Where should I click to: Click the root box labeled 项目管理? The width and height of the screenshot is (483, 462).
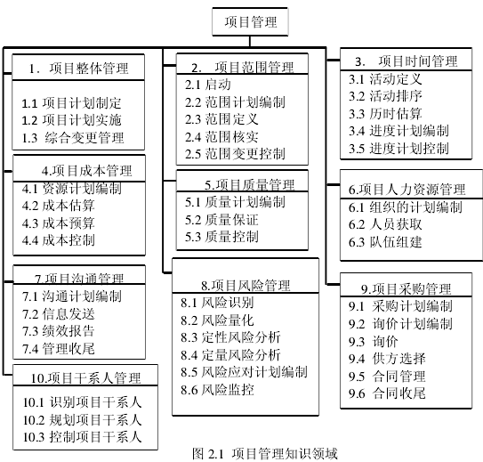click(250, 22)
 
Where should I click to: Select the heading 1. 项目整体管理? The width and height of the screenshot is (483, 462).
click(78, 69)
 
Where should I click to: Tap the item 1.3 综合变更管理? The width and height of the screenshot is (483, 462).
click(73, 138)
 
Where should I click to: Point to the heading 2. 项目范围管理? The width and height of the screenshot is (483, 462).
click(243, 67)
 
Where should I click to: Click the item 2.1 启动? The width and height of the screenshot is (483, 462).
click(207, 85)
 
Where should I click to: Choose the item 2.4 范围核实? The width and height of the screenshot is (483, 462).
click(221, 137)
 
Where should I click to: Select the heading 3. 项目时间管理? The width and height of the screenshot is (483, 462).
click(406, 61)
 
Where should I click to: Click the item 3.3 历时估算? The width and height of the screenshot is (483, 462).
click(385, 114)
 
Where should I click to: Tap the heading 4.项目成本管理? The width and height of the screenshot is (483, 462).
click(87, 171)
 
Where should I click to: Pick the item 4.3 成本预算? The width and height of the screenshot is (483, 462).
click(58, 223)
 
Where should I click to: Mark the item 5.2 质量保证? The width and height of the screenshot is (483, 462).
click(221, 220)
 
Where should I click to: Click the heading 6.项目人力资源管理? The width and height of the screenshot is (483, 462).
click(407, 190)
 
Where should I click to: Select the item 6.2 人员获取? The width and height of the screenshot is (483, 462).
click(385, 224)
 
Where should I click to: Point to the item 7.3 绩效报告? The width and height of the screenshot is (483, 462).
click(58, 331)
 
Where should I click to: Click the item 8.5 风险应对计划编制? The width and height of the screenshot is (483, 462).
click(244, 372)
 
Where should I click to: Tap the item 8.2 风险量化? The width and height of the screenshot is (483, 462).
click(217, 320)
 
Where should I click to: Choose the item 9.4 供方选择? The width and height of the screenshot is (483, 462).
click(387, 359)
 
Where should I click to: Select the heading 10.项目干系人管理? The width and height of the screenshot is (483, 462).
click(85, 378)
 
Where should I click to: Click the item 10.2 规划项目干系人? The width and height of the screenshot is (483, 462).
click(82, 419)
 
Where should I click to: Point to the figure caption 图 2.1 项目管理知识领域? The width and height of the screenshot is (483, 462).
click(265, 454)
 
